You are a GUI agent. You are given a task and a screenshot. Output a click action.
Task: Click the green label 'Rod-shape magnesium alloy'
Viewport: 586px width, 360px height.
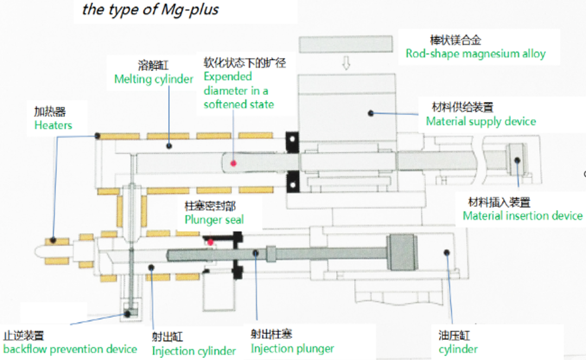(475, 54)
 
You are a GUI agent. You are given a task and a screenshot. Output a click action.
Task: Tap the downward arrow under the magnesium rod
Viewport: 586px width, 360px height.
(346, 63)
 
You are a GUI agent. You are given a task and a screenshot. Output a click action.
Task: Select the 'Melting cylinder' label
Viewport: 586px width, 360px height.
(154, 79)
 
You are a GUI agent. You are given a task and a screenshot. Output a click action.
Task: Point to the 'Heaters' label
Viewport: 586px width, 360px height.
(53, 125)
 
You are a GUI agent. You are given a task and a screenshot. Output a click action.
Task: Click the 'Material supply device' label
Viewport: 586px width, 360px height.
(481, 121)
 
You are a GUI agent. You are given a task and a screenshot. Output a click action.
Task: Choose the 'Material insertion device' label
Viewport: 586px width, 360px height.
(523, 216)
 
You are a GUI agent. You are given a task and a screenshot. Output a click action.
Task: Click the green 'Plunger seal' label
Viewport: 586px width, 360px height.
(214, 220)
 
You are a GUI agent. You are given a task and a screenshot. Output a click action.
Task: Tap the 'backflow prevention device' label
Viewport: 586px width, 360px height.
(70, 349)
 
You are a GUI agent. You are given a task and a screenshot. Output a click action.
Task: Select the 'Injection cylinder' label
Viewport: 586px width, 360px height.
(194, 351)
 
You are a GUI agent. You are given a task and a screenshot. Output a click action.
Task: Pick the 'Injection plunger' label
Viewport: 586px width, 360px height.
(292, 349)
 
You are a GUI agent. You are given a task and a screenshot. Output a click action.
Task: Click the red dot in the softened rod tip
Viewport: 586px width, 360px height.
(233, 163)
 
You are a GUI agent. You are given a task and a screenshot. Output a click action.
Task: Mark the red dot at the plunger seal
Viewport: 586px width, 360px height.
(211, 242)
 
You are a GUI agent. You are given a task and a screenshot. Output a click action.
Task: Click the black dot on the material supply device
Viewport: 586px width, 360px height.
(371, 113)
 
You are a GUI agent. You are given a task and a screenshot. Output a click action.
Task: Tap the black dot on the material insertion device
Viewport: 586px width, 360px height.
(517, 160)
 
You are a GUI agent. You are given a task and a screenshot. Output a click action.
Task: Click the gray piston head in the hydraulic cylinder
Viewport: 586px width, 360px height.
(402, 252)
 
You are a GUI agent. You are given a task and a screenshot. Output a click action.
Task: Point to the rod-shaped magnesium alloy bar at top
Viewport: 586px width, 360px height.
(346, 44)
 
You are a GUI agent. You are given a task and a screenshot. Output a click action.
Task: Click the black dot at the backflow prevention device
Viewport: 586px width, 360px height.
(128, 314)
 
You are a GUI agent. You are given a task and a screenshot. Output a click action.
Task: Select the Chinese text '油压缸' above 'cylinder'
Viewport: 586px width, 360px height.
(454, 336)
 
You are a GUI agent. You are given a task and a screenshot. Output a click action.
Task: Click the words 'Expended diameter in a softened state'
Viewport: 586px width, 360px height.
(239, 91)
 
